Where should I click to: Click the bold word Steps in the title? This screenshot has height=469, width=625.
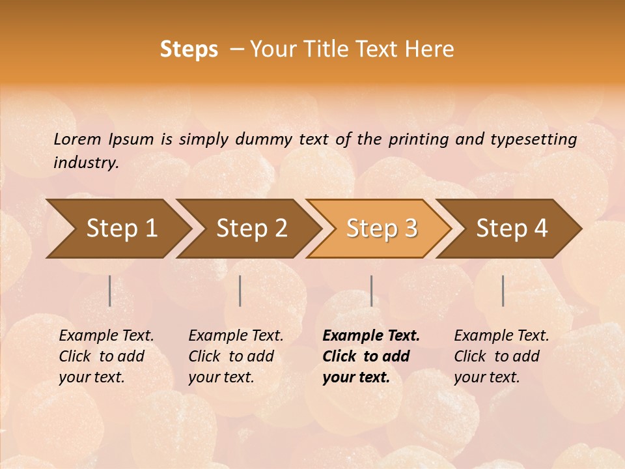[x=189, y=50]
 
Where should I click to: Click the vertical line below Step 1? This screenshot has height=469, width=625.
[x=110, y=291]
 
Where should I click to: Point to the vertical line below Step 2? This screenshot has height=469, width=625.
[x=240, y=291]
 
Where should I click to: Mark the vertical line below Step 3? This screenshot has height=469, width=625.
[x=371, y=291]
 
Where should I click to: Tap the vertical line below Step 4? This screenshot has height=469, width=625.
[x=503, y=291]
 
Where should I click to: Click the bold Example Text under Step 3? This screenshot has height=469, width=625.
[x=371, y=356]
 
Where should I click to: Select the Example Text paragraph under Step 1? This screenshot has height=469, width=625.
[x=106, y=356]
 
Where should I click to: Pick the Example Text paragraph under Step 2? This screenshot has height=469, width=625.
[x=236, y=356]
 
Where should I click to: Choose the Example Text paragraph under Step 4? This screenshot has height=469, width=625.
[x=501, y=356]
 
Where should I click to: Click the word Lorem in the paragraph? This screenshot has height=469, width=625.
[x=77, y=139]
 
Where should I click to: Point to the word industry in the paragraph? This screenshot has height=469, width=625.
[x=86, y=163]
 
